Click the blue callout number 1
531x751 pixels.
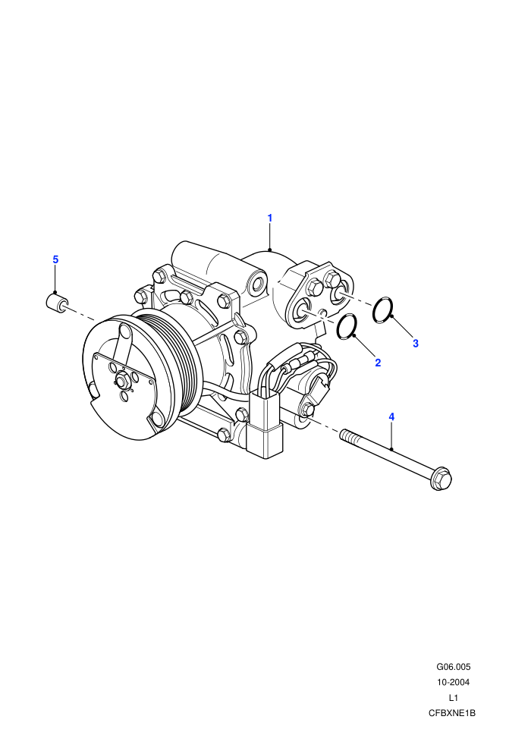pyautogui.click(x=269, y=218)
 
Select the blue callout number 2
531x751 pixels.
pyautogui.click(x=378, y=363)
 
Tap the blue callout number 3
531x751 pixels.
pyautogui.click(x=416, y=344)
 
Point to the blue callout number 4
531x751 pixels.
pyautogui.click(x=391, y=416)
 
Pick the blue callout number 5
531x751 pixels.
pyautogui.click(x=55, y=259)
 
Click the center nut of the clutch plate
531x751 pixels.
pyautogui.click(x=121, y=382)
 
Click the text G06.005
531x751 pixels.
pyautogui.click(x=453, y=667)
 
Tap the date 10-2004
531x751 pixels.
pyautogui.click(x=453, y=682)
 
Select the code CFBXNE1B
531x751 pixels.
pyautogui.click(x=452, y=713)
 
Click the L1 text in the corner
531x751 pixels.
pyautogui.click(x=453, y=698)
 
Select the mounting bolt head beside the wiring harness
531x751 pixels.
pyautogui.click(x=307, y=410)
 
